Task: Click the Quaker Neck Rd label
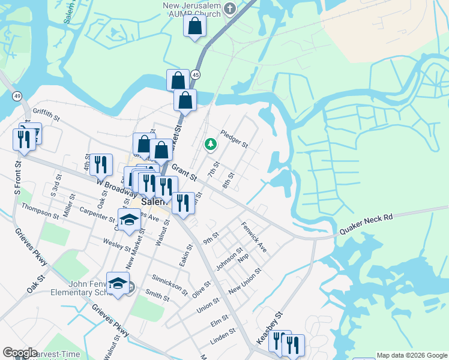tap(366, 223)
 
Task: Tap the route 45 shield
tap(196, 74)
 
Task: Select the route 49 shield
tap(17, 96)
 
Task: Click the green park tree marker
tap(210, 144)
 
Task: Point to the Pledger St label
tap(234, 139)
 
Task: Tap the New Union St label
tap(245, 280)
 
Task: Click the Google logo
tap(20, 353)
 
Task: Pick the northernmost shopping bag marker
tap(194, 27)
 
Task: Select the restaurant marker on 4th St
tap(100, 164)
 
